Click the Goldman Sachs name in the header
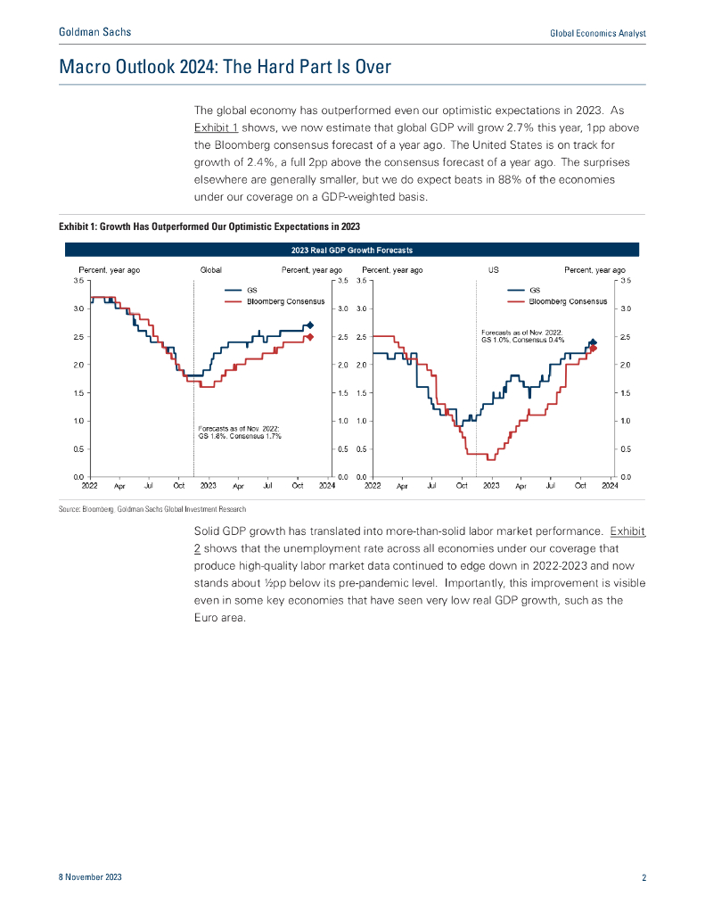(94, 32)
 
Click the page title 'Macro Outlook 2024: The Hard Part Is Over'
(225, 67)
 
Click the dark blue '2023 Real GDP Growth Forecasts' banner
(352, 250)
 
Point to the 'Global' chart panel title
(210, 268)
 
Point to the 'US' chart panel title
(492, 268)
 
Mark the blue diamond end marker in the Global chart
(309, 325)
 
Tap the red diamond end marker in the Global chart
(309, 337)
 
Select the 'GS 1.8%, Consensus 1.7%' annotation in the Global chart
(240, 437)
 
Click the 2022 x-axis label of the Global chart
(90, 486)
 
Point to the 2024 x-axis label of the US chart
(610, 486)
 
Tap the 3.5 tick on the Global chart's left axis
(78, 280)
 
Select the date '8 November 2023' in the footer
(90, 877)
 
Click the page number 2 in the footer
(644, 877)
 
